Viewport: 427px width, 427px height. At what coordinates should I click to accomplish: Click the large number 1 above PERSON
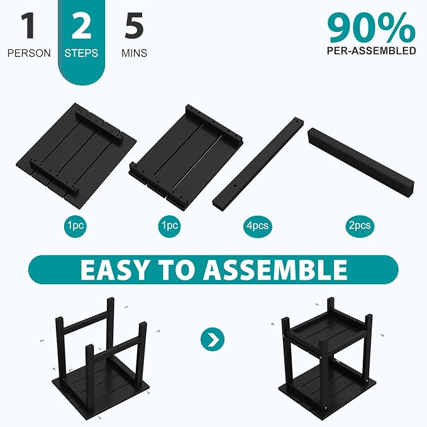click(28, 26)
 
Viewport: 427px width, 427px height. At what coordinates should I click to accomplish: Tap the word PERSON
click(29, 53)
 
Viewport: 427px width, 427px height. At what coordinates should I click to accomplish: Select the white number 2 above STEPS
click(81, 26)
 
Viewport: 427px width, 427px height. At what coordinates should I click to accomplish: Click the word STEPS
click(81, 53)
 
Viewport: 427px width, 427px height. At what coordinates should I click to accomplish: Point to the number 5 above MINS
click(134, 26)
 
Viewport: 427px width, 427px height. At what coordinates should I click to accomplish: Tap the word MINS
click(134, 53)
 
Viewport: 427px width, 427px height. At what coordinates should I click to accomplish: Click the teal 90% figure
click(372, 28)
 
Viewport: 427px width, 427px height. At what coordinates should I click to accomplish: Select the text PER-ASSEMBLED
click(372, 51)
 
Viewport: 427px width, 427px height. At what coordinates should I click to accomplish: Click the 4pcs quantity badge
click(258, 226)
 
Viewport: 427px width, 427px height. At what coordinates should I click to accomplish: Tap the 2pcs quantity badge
click(360, 226)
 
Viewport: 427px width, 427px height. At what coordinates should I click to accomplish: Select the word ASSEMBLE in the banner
click(275, 270)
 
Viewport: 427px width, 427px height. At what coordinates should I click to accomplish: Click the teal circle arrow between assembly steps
click(213, 339)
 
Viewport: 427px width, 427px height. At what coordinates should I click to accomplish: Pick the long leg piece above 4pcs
click(258, 163)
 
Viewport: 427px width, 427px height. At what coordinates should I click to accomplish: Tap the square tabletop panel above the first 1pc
click(76, 156)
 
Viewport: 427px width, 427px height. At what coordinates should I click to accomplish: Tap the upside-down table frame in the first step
click(101, 360)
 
